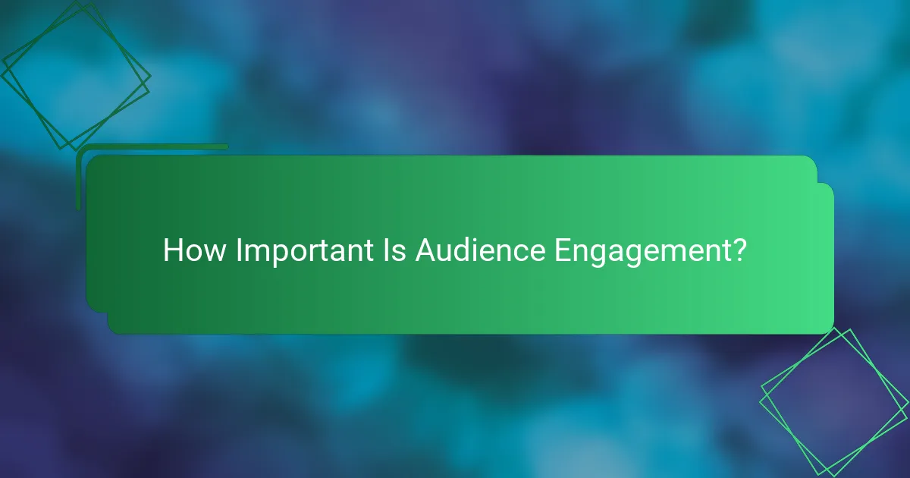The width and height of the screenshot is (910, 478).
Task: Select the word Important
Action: tap(302, 250)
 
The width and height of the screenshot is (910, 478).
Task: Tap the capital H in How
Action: tap(172, 250)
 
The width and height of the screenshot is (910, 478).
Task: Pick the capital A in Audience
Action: tap(425, 250)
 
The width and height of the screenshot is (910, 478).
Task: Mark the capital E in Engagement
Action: tap(560, 250)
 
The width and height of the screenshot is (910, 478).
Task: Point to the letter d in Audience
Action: tap(464, 250)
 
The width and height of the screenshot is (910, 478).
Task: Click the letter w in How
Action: tap(215, 252)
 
